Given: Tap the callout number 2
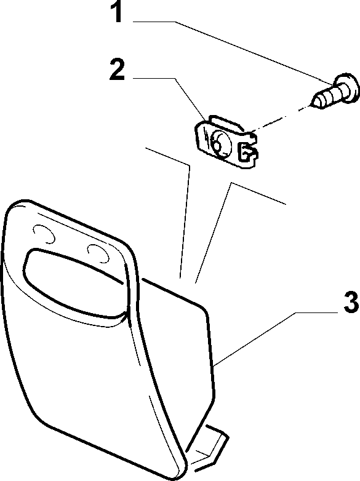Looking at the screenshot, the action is coord(118,70).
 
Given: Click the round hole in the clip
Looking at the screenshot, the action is coord(221,142).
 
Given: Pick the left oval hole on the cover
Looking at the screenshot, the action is coord(44,234).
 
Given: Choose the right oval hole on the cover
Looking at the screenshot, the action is coord(98,253).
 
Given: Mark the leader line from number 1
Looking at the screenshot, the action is coord(232,50).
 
